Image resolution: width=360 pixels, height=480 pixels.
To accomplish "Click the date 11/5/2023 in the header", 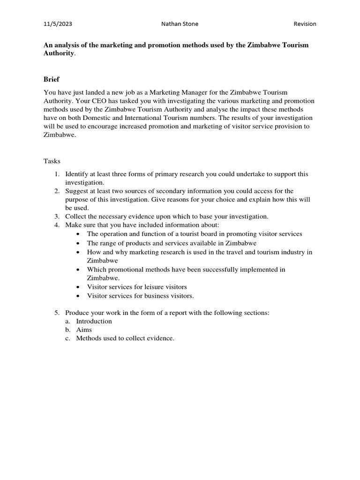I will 58,24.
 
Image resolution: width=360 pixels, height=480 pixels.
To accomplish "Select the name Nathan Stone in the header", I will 180,24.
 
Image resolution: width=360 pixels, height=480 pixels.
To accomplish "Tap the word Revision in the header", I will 305,24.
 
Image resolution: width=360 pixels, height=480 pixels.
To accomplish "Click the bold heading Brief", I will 52,79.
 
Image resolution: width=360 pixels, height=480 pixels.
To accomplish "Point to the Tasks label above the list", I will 52,161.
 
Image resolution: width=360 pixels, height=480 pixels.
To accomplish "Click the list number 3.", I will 56,216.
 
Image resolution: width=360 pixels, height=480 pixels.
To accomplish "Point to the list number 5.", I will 56,313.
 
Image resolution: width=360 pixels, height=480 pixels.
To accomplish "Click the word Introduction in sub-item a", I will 94,321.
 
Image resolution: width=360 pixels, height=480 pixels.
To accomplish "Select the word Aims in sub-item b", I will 84,330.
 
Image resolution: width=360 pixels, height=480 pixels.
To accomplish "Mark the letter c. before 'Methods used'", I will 68,338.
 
